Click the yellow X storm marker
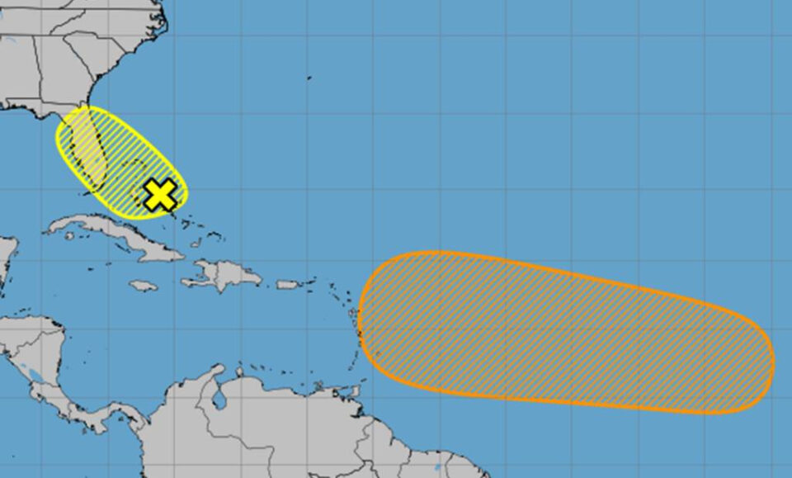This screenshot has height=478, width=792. point(161,194)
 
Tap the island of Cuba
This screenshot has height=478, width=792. point(115,232)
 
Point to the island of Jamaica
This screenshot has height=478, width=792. point(143,285)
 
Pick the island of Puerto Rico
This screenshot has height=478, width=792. point(287,284)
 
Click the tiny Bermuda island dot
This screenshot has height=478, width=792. point(309,78)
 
